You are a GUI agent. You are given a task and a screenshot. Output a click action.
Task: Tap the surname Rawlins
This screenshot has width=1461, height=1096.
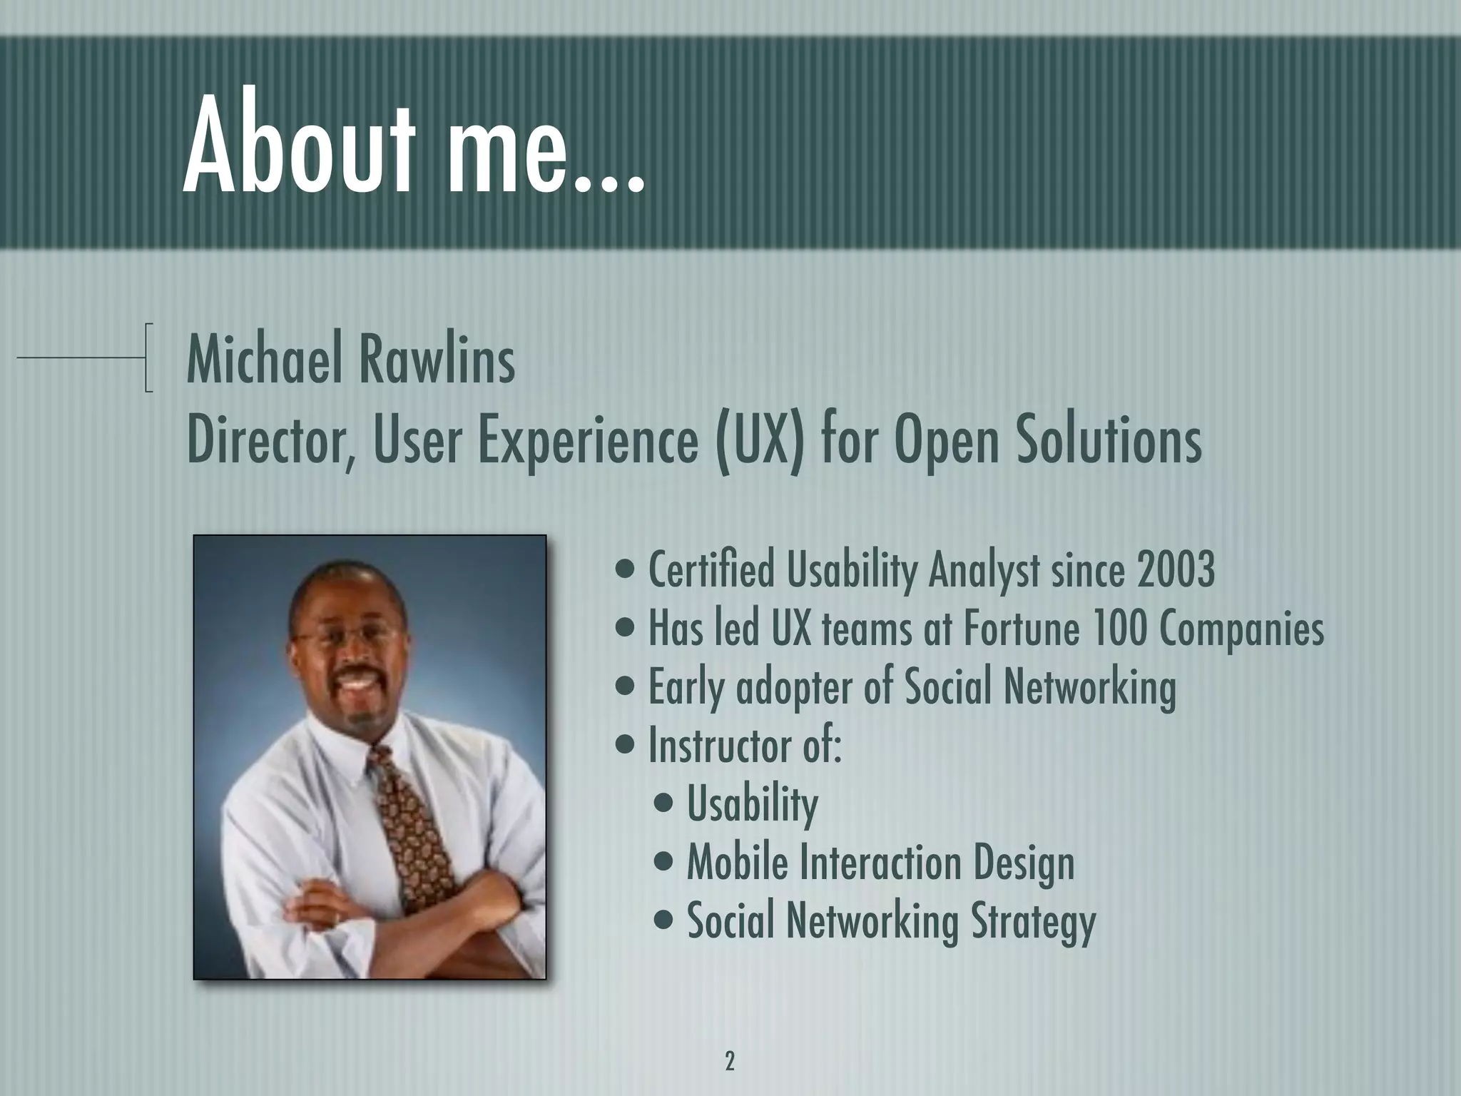coord(436,362)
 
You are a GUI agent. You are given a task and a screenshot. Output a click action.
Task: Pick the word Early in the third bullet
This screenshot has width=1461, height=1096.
coord(687,688)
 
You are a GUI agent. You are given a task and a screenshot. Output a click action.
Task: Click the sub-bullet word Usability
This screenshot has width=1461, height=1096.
coord(752,805)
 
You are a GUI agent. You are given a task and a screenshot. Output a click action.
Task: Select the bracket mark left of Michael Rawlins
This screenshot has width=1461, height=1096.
coord(147,357)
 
